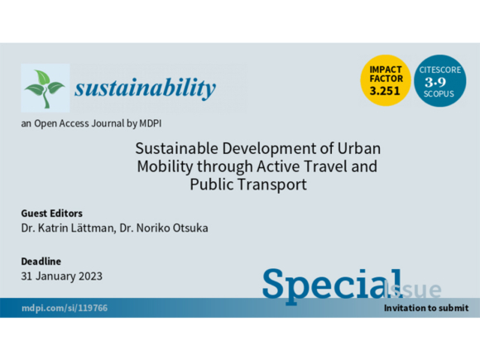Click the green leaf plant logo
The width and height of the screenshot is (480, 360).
[x=45, y=89]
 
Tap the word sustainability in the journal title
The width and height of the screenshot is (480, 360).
[x=145, y=89]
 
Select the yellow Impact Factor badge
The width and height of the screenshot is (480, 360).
[x=385, y=80]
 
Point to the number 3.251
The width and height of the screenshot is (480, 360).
[x=385, y=91]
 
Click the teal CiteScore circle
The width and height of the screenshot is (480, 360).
[x=440, y=81]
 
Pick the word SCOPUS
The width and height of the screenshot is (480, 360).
[x=439, y=94]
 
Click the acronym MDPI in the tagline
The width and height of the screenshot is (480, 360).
[x=151, y=123]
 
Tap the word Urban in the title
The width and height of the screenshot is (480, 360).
[x=359, y=148]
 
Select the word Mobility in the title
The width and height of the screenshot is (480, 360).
[x=165, y=167]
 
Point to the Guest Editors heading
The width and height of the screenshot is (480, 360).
[x=52, y=213]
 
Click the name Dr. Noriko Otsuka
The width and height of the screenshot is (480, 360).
[x=164, y=228]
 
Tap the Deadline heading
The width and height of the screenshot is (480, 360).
[x=41, y=262]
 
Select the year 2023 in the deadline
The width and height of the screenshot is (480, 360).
[x=90, y=276]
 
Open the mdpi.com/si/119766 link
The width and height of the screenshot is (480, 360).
[x=65, y=308]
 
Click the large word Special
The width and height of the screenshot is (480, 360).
[x=332, y=286]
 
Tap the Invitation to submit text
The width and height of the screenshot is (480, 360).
[x=426, y=308]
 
